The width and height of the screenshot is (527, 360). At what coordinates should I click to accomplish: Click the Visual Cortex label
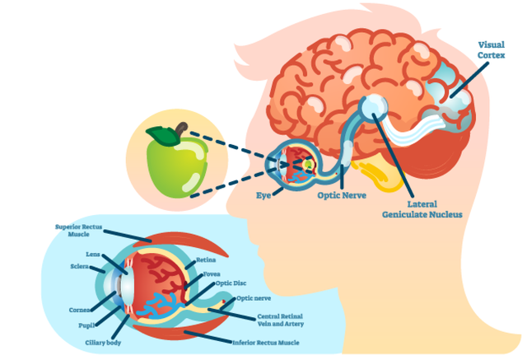[x=491, y=49]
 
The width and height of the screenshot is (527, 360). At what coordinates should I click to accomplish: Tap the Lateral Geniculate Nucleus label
[x=422, y=209]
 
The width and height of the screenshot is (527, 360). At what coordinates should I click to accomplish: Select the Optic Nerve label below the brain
[x=342, y=195]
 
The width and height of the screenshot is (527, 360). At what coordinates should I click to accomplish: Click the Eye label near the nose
[x=263, y=195]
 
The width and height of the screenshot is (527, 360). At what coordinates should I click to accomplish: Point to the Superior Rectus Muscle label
[x=79, y=231]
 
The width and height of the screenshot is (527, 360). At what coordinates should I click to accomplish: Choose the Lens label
[x=93, y=254]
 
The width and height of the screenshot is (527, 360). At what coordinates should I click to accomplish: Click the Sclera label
[x=80, y=266]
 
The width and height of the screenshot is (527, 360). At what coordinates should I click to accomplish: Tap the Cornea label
[x=80, y=310]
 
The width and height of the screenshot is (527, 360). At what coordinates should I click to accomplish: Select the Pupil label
[x=86, y=325]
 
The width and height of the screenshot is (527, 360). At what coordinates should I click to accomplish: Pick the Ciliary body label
[x=103, y=343]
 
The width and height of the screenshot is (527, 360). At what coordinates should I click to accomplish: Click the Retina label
[x=206, y=259]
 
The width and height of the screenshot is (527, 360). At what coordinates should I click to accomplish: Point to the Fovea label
[x=212, y=274]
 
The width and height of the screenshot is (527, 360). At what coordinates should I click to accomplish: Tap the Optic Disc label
[x=231, y=283]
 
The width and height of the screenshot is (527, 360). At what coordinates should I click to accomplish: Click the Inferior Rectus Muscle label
[x=266, y=343]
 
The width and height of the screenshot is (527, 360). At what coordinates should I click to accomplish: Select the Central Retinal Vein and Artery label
[x=280, y=320]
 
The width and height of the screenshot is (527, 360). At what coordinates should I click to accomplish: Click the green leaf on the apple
[x=162, y=136]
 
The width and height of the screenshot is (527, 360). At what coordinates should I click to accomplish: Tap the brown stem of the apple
[x=181, y=129]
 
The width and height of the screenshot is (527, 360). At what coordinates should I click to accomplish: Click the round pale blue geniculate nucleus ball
[x=373, y=108]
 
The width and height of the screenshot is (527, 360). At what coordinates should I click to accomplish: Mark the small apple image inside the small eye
[x=307, y=164]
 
